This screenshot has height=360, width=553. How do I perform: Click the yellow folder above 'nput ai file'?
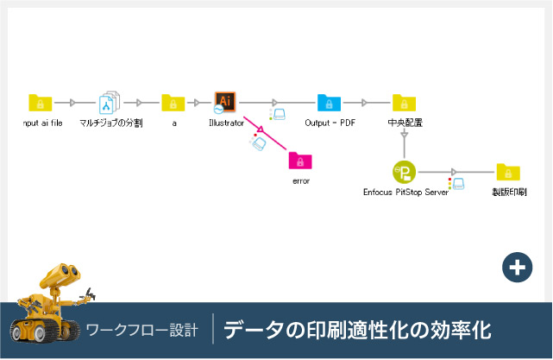point(41,104)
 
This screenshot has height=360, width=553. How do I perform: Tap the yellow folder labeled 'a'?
point(173,104)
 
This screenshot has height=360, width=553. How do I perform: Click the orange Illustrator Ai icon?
point(225,103)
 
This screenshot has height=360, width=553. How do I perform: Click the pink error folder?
point(300,161)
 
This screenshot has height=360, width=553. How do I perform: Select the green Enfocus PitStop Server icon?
point(404,172)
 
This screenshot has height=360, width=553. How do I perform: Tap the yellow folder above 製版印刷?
point(508,172)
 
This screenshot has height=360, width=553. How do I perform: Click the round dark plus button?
point(517,268)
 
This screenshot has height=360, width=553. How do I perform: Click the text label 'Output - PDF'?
point(330,123)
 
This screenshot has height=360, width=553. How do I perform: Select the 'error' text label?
point(300,181)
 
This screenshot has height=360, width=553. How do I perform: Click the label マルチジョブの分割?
point(110,123)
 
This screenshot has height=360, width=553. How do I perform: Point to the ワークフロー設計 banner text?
point(142,330)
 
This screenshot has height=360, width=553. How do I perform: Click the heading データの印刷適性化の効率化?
point(357,330)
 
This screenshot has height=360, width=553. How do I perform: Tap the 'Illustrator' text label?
point(226,123)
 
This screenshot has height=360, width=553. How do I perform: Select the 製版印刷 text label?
point(509,192)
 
